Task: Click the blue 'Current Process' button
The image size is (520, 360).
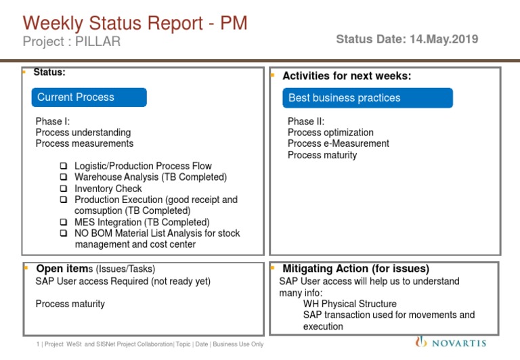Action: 89,97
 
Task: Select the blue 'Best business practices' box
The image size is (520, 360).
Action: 368,98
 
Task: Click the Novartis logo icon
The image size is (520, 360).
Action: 421,342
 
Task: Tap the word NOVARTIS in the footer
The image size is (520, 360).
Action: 460,343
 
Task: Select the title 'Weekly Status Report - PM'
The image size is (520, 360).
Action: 135,24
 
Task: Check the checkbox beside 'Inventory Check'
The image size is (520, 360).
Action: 63,189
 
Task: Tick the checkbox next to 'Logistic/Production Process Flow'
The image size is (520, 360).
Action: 63,166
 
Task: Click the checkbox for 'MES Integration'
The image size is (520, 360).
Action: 63,222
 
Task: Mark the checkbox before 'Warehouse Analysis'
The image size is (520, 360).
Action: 63,177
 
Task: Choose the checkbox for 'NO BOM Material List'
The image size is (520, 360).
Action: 63,233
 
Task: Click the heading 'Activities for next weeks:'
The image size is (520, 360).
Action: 347,76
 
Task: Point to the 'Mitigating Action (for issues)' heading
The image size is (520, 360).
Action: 355,269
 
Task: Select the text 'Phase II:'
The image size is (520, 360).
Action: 306,122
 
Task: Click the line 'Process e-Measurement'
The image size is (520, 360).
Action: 338,143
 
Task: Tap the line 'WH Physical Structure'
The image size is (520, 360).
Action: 349,304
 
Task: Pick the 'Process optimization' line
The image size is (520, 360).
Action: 330,133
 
